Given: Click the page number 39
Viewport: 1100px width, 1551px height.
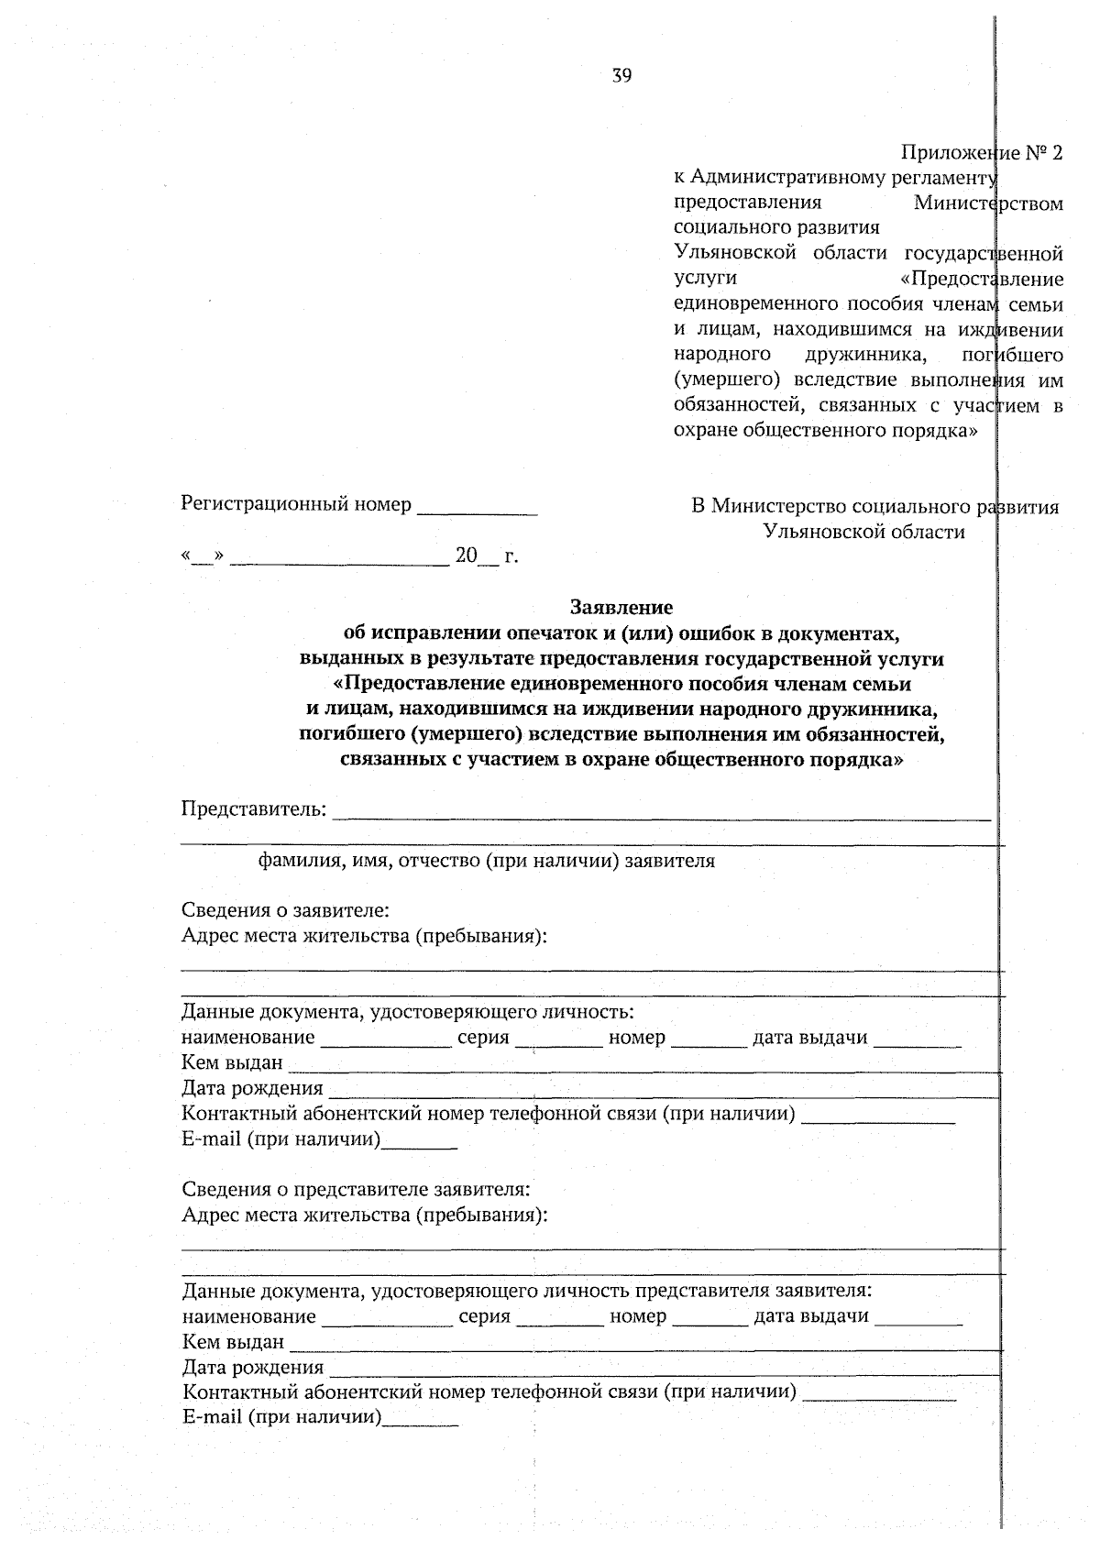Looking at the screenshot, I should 621,76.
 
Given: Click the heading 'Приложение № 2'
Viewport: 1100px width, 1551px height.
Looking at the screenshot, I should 981,152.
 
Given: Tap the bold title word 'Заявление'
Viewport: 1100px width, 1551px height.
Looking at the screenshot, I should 621,607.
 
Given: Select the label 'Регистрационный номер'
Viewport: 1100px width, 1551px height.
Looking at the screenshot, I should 295,504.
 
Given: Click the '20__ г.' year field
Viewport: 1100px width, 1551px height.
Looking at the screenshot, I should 486,555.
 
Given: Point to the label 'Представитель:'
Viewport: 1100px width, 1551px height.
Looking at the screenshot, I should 253,808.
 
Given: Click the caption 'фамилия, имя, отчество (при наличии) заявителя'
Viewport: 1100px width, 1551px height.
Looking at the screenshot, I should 486,861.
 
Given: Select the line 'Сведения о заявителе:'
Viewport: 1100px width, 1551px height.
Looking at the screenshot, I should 285,910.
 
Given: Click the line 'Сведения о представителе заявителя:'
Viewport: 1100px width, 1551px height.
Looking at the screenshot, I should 356,1189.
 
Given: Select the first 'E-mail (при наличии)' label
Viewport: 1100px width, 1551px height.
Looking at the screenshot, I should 280,1139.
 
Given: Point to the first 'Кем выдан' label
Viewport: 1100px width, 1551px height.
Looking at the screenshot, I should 232,1063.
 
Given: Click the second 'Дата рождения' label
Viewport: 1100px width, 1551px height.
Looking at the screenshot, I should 253,1368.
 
